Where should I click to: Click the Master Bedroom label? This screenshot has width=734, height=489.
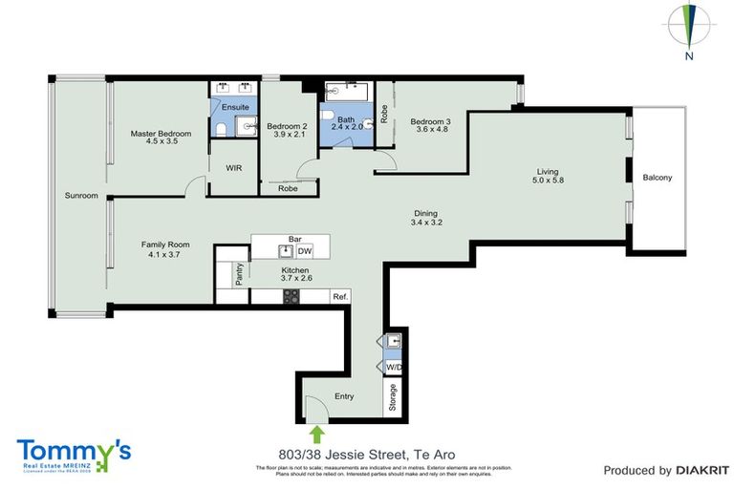coord(161,134)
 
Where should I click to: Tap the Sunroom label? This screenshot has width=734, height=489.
coord(81,196)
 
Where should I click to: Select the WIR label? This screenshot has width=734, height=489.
coord(233,167)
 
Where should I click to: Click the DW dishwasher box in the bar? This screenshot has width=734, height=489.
coord(305,251)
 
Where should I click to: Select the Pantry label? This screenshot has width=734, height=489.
coord(239,275)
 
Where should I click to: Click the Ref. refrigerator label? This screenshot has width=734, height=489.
coord(339,297)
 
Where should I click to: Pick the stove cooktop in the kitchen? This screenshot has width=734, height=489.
coord(290,297)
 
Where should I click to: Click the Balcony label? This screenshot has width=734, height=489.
coord(657,178)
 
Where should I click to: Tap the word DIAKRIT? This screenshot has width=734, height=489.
coord(702,470)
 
